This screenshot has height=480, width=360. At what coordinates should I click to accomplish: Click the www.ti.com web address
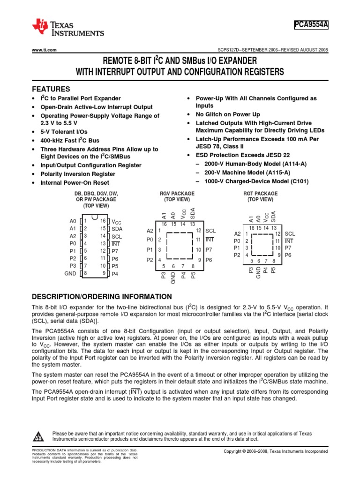click(44, 50)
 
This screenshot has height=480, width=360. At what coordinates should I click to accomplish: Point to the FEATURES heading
click(51, 89)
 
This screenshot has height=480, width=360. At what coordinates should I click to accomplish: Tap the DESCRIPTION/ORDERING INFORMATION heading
click(102, 297)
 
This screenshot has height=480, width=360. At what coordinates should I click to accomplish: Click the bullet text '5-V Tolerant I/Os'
click(64, 132)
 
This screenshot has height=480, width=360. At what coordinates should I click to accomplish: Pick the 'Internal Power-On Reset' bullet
click(75, 183)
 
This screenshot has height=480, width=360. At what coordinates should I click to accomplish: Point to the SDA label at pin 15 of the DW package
click(117, 229)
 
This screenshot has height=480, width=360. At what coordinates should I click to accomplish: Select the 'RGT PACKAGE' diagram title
click(260, 194)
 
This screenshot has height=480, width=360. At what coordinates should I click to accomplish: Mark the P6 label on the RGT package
click(288, 255)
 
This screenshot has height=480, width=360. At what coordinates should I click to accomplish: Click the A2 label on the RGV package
click(150, 231)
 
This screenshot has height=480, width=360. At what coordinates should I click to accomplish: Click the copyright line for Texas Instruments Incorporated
click(276, 451)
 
